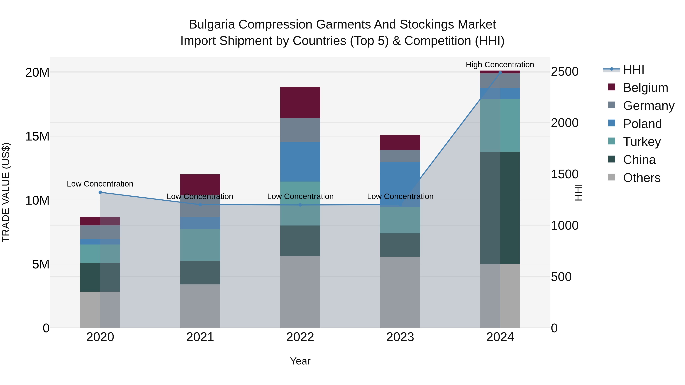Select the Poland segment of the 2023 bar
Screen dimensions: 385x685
pos(400,184)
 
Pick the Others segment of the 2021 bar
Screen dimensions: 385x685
pos(200,306)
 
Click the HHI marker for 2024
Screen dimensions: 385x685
pos(500,73)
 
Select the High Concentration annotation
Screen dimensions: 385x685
pos(500,65)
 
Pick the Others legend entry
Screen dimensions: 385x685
pos(641,178)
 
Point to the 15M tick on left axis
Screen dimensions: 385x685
pos(37,136)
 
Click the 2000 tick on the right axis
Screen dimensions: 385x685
pos(564,123)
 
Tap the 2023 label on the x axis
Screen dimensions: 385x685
pos(400,337)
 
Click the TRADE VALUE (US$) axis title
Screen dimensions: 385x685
pos(6,192)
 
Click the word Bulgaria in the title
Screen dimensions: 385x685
pos(212,25)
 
